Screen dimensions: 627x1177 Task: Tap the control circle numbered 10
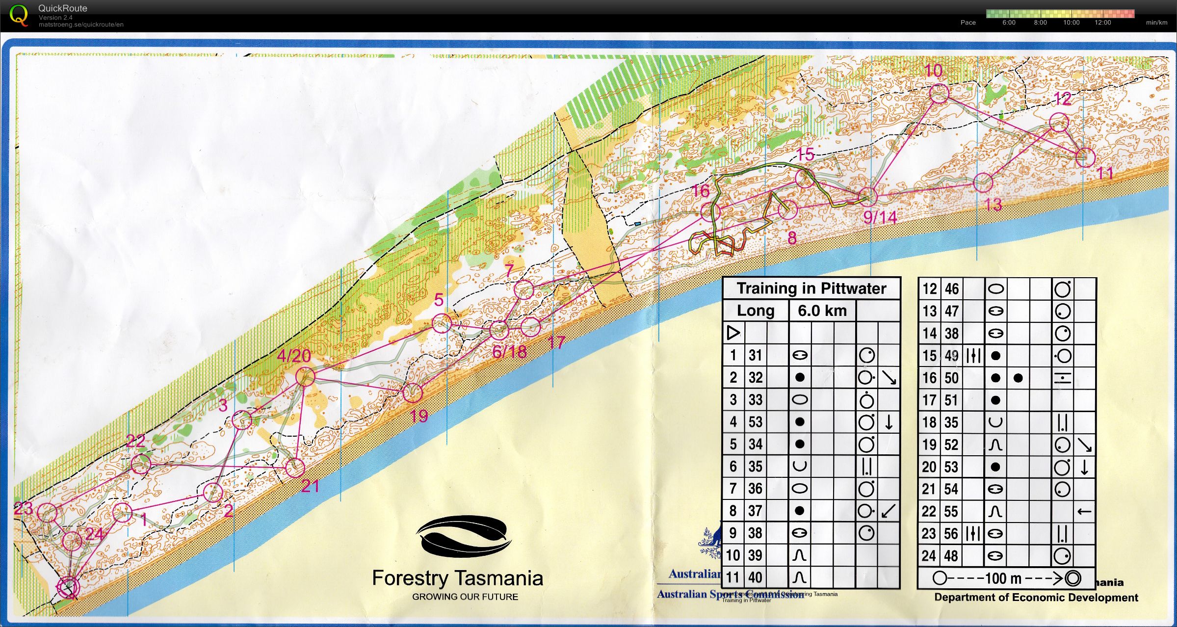click(939, 93)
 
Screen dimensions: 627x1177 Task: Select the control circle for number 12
click(1059, 122)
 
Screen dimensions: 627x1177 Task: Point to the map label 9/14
click(880, 217)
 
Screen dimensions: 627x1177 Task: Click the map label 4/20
click(294, 356)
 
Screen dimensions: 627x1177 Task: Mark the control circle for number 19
click(412, 392)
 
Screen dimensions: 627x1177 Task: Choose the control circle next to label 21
click(295, 468)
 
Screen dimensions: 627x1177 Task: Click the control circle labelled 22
click(141, 464)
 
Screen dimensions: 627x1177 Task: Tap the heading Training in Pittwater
click(811, 288)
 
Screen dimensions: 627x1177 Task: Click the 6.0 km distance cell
click(822, 311)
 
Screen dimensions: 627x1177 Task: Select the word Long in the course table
click(756, 311)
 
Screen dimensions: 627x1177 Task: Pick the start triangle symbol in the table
click(733, 333)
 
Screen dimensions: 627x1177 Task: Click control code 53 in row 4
click(756, 422)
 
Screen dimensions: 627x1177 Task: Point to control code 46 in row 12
click(952, 289)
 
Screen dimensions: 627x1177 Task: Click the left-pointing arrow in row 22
click(1084, 512)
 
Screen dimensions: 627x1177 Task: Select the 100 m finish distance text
click(1003, 578)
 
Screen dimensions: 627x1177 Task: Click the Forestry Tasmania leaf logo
click(464, 536)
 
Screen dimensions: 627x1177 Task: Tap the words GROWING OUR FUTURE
click(465, 597)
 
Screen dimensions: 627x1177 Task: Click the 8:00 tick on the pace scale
click(1040, 23)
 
